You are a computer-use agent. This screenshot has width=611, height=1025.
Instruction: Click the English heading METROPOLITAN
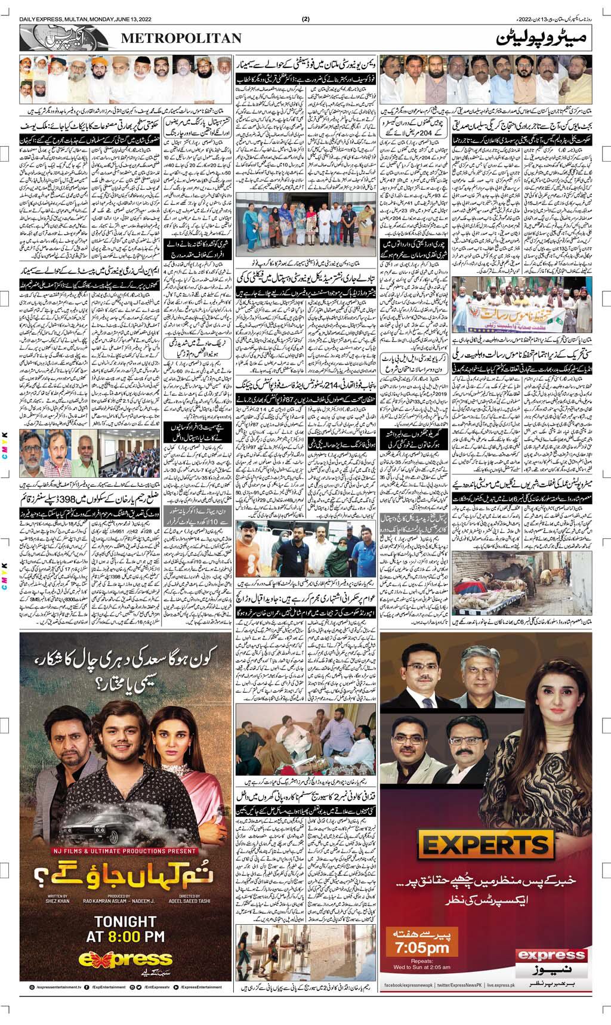pyautogui.click(x=182, y=39)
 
